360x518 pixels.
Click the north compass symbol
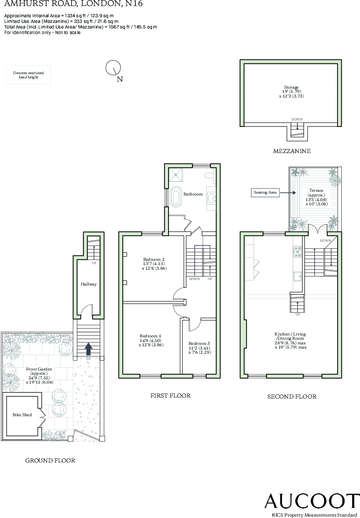(113, 68)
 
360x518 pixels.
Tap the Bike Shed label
(22, 414)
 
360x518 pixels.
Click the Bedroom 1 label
(150, 336)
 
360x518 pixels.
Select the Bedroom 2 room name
(154, 259)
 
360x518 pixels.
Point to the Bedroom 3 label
(199, 343)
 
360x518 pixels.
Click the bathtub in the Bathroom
(176, 196)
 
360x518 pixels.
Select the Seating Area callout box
(266, 192)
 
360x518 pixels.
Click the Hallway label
(88, 284)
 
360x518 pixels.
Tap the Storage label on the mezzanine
(291, 87)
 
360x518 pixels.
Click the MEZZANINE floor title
(292, 151)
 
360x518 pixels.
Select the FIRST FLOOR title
(170, 396)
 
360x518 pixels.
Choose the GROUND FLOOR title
(50, 460)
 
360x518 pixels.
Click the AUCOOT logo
(312, 500)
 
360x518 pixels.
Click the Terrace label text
(317, 190)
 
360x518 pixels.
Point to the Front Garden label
(39, 369)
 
